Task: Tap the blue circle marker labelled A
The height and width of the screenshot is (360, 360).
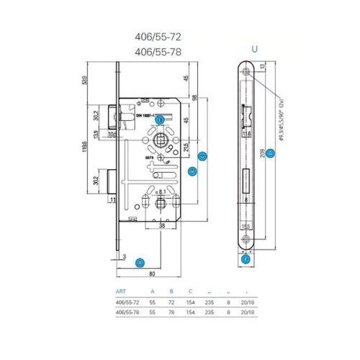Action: click(x=140, y=262)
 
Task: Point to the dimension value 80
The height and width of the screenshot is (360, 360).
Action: click(x=153, y=274)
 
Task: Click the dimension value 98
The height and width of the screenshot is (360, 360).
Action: click(x=195, y=97)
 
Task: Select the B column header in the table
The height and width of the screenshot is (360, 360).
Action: click(x=171, y=292)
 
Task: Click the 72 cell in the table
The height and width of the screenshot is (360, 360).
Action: click(x=171, y=302)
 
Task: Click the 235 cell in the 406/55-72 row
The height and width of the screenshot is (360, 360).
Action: click(x=210, y=302)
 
